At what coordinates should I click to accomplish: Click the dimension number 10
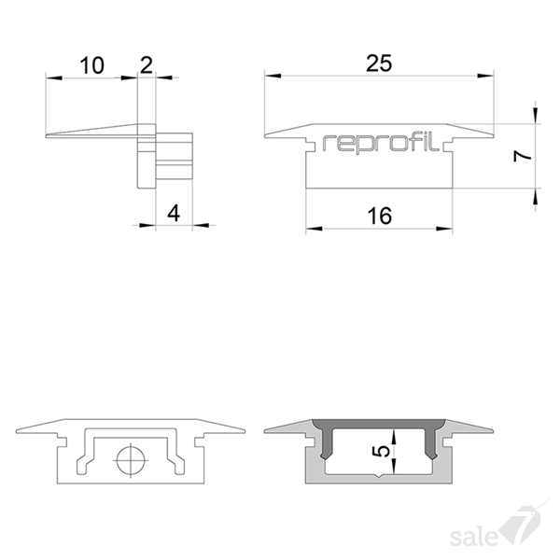coord(91,65)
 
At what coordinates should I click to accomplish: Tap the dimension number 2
coord(147,65)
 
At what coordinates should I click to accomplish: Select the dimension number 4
coord(174,213)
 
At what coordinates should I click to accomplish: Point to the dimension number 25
coord(379,63)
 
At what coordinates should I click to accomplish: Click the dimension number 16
coord(379,217)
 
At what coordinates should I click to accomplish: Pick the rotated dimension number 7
coord(523,156)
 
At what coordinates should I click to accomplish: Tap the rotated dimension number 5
coord(382,452)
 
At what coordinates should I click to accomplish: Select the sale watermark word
coord(474,537)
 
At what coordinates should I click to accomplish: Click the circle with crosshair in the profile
coord(131,460)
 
